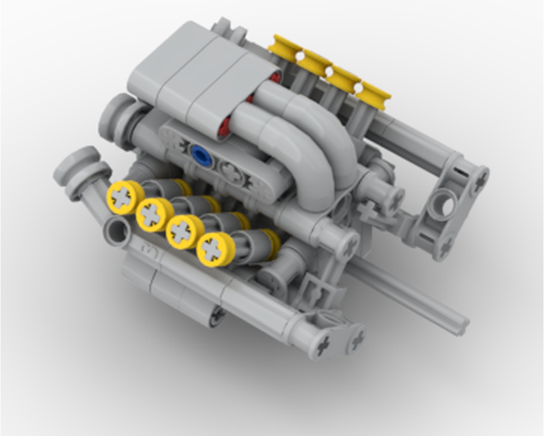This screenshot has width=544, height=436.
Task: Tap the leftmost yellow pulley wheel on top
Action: [x=285, y=46]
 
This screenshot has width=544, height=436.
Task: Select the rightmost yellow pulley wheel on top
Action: [x=374, y=94]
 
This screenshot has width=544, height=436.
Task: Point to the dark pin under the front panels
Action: [x=218, y=315]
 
